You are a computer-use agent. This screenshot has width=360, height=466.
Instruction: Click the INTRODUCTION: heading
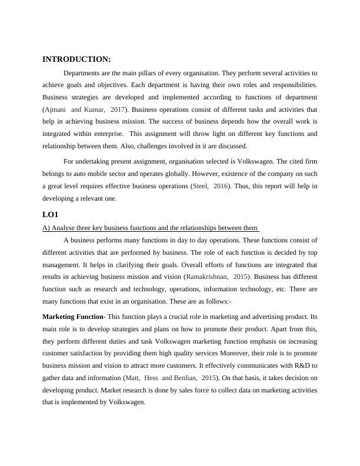point(76,59)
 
